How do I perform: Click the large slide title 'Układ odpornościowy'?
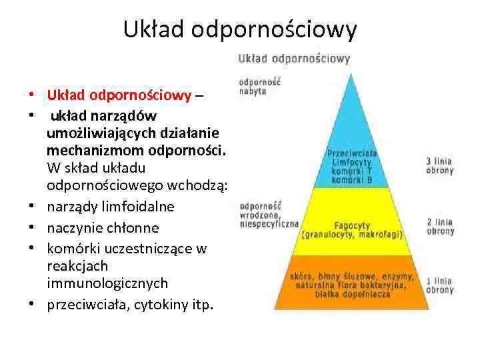click(x=240, y=30)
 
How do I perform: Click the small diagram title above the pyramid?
click(x=294, y=58)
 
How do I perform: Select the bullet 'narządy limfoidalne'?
click(x=111, y=207)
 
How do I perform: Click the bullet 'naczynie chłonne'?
click(x=103, y=228)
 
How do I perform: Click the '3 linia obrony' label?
click(x=440, y=165)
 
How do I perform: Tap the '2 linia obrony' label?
click(x=440, y=226)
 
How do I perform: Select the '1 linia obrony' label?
click(x=440, y=285)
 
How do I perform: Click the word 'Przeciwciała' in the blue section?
click(x=351, y=153)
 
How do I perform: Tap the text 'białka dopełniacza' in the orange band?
click(x=352, y=293)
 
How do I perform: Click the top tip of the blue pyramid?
click(x=351, y=75)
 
